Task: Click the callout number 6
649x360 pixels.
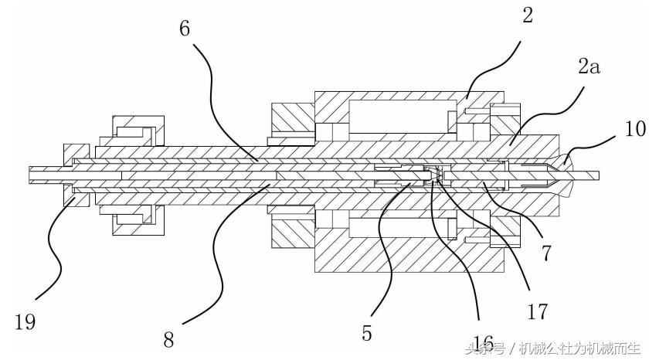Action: pos(185,28)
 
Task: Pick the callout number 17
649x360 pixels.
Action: pos(537,311)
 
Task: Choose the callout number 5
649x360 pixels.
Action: pos(367,334)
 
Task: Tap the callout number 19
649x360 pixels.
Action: pos(25,321)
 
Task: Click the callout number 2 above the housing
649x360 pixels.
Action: pos(528,15)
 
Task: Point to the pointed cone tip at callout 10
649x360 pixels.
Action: pos(569,172)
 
